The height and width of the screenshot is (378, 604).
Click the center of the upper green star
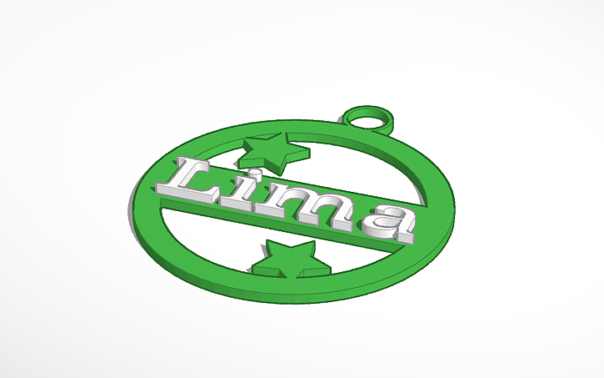click(273, 152)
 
